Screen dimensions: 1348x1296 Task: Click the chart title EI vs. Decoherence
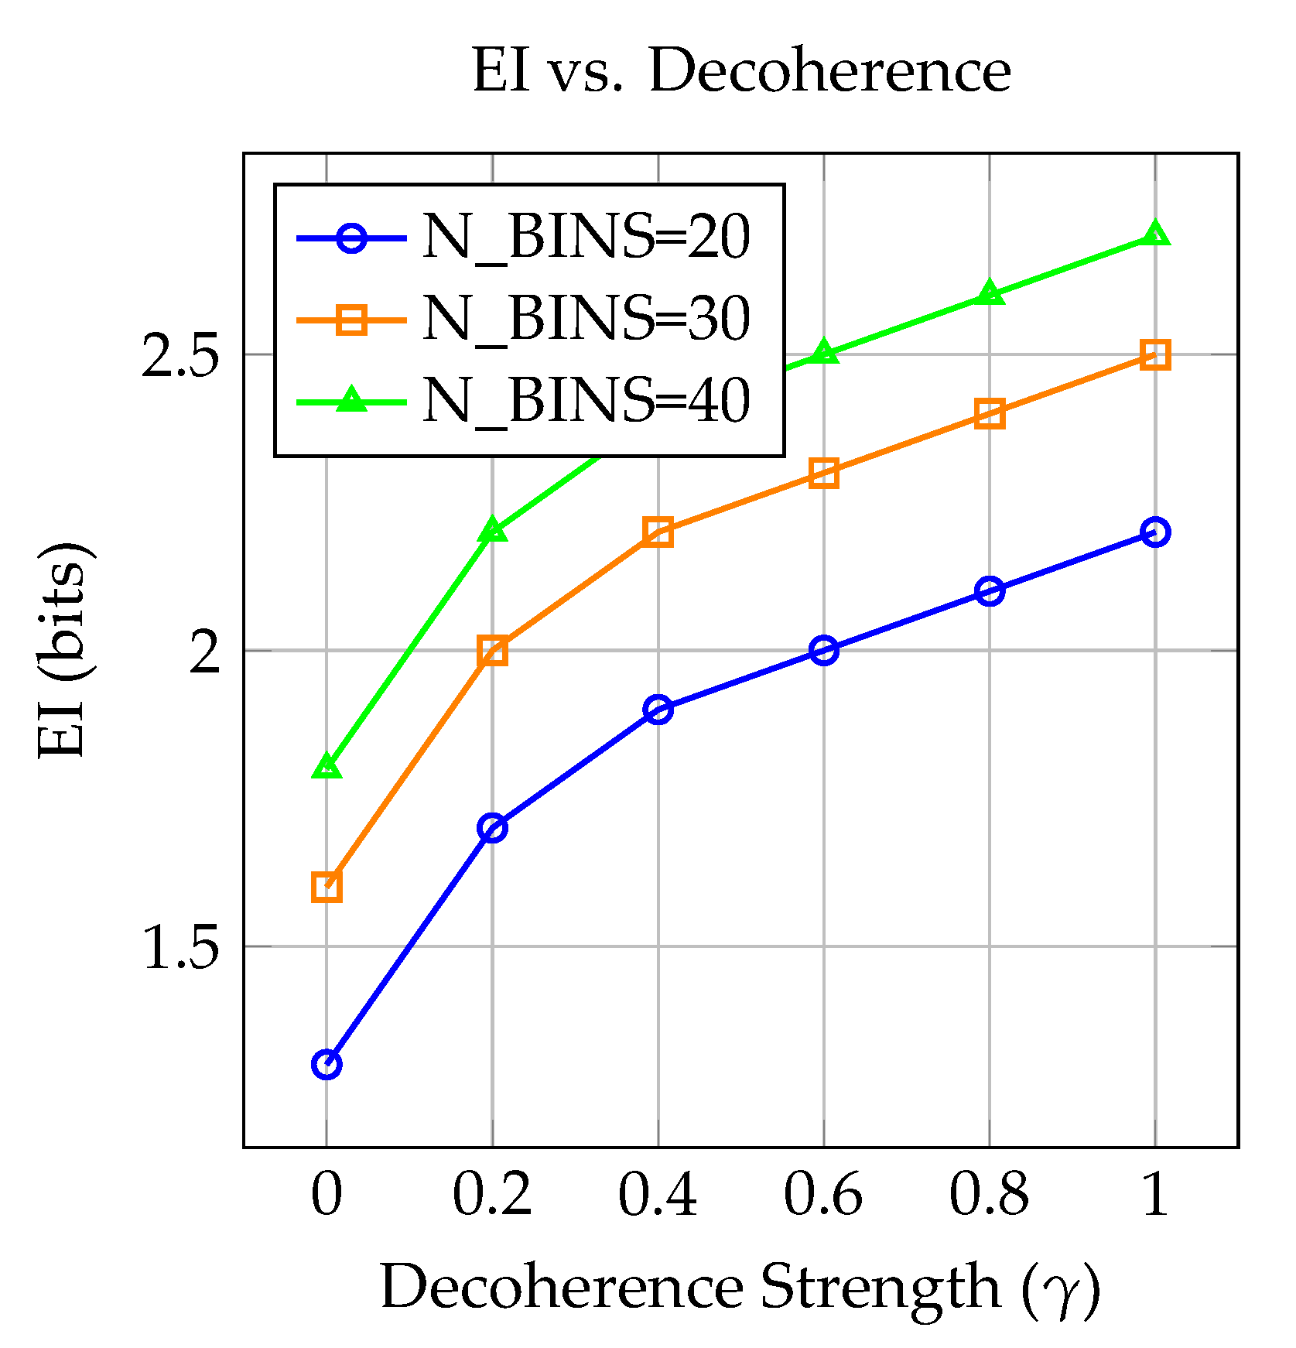pos(741,71)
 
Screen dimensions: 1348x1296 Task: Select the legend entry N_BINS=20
pos(586,237)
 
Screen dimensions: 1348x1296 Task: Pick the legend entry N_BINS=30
pos(586,319)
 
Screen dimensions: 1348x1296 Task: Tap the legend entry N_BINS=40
pos(586,401)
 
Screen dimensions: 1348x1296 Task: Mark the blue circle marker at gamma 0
pos(327,1065)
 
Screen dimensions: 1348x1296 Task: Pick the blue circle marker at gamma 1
pos(1155,532)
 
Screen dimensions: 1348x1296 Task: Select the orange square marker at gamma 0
pos(327,887)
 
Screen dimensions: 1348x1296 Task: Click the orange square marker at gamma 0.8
pos(990,414)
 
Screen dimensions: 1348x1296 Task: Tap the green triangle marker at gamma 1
pos(1155,234)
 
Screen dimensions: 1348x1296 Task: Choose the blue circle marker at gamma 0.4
pos(658,710)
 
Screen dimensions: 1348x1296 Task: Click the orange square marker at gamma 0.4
pos(658,532)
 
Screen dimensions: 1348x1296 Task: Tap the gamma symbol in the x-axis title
pos(1059,1291)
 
